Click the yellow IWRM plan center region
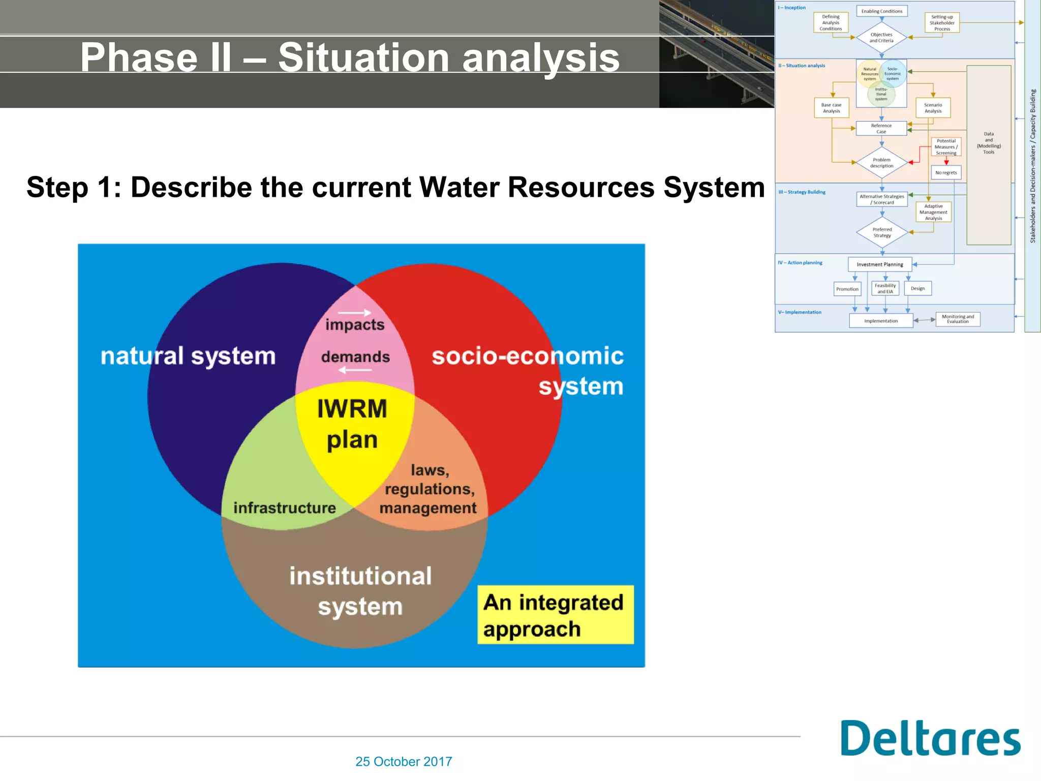pyautogui.click(x=352, y=425)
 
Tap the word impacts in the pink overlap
pyautogui.click(x=355, y=324)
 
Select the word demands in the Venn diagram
pyautogui.click(x=355, y=356)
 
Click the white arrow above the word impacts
pyautogui.click(x=354, y=313)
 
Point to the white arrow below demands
pyautogui.click(x=355, y=370)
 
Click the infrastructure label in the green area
pyautogui.click(x=284, y=507)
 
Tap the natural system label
pyautogui.click(x=188, y=355)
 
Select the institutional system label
pyautogui.click(x=360, y=591)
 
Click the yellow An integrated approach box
pyautogui.click(x=555, y=615)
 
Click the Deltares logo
pyautogui.click(x=930, y=738)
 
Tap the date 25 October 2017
pyautogui.click(x=404, y=761)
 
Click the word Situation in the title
pyautogui.click(x=363, y=57)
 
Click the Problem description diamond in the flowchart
pyautogui.click(x=881, y=163)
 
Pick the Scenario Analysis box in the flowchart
pyautogui.click(x=933, y=108)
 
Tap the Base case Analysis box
pyautogui.click(x=831, y=108)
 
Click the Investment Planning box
pyautogui.click(x=880, y=264)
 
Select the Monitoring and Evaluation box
pyautogui.click(x=958, y=319)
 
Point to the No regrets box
pyautogui.click(x=946, y=172)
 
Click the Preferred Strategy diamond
pyautogui.click(x=882, y=232)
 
